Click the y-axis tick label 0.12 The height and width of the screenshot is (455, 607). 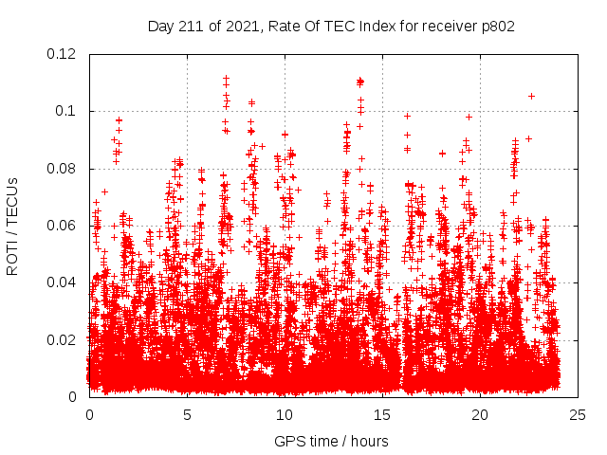coord(64,54)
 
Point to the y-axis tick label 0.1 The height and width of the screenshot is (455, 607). coord(67,111)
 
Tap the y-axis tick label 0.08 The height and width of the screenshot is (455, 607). coord(64,169)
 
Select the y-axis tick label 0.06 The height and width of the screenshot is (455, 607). coord(64,226)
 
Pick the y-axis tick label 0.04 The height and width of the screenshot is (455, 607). coord(64,282)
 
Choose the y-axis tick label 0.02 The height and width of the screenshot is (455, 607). coord(64,339)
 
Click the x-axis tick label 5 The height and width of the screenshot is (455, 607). coord(187,415)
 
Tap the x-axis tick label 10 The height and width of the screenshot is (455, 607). coord(285,415)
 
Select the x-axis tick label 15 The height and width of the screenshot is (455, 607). coord(382,415)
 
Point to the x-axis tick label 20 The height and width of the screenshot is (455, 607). coord(480,415)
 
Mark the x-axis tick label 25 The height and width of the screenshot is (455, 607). coord(578,415)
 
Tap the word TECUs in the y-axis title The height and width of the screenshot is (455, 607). coord(12,202)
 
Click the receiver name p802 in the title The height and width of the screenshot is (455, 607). coord(496,27)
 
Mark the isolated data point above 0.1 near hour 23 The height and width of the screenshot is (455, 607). coord(531,96)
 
